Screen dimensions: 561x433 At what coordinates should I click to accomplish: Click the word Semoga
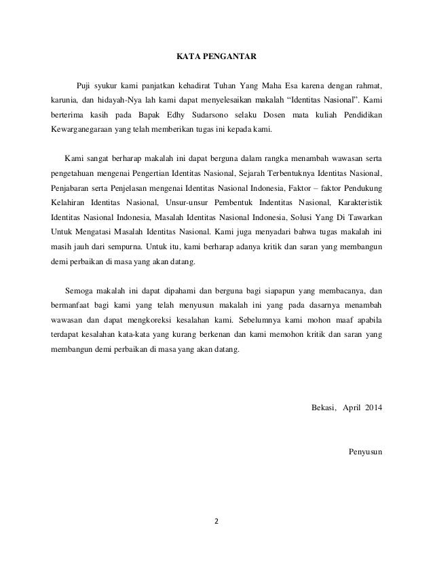coord(77,290)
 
